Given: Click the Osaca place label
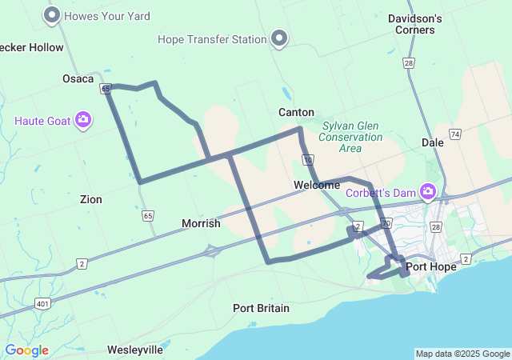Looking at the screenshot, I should pos(78,78).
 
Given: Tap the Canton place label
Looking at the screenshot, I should pos(296,112).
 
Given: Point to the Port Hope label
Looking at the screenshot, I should pos(430,266).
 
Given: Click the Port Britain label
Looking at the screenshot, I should pos(261,308).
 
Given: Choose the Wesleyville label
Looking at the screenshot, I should pos(134,350).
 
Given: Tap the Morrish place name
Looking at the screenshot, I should pos(201,223).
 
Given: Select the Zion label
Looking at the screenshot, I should pos(90,199).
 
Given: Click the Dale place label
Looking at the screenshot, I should pos(433,142).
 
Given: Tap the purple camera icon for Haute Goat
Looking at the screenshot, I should pos(83,121).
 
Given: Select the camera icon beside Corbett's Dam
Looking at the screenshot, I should pos(428,191).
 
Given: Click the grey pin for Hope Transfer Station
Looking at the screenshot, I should pos(279,38).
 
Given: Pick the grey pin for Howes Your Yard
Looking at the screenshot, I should pos(53,15).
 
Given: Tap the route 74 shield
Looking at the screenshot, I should pos(455,134).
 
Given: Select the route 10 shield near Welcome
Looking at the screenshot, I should pos(308,161).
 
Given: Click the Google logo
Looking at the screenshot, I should pos(26,350).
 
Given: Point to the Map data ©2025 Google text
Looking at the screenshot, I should pos(462,354).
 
